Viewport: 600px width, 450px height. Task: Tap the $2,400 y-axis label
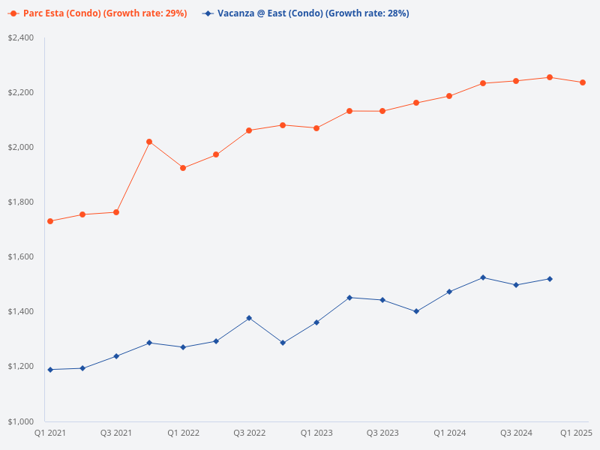[20, 37]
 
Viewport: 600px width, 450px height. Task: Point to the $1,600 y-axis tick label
[20, 256]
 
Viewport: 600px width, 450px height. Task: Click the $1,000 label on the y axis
[20, 421]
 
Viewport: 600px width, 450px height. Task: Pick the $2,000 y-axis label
[20, 147]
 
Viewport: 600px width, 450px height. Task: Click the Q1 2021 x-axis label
[50, 433]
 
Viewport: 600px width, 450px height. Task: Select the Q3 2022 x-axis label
[249, 433]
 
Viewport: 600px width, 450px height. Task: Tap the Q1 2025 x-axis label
[577, 433]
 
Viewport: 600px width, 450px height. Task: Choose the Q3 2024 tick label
[516, 433]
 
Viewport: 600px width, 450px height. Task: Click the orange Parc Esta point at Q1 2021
[50, 221]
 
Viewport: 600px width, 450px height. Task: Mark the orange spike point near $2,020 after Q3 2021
[149, 142]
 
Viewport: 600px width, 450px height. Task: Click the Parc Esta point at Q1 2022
[183, 168]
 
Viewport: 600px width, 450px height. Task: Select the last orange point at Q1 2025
[583, 82]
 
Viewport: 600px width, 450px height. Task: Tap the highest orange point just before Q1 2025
[550, 77]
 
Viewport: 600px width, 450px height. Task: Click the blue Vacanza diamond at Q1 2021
[50, 370]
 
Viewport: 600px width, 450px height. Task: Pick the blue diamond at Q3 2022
[249, 318]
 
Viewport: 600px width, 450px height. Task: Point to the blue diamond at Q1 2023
[316, 322]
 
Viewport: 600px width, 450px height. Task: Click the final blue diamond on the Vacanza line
[550, 279]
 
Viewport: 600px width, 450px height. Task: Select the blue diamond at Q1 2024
[449, 292]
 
